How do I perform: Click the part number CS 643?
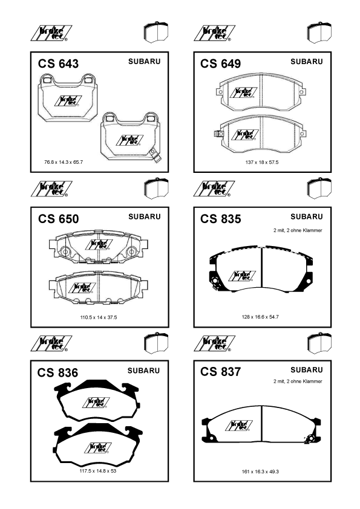click(x=58, y=63)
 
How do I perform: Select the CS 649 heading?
click(x=221, y=63)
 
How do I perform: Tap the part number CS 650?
click(x=58, y=219)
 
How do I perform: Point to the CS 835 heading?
click(x=221, y=219)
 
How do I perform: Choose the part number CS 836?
click(x=57, y=372)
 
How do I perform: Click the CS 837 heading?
click(x=221, y=372)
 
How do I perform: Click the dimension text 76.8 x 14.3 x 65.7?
click(x=64, y=162)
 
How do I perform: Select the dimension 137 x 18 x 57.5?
click(x=262, y=162)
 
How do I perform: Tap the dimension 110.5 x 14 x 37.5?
click(x=99, y=317)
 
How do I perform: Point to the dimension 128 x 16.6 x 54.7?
click(x=260, y=317)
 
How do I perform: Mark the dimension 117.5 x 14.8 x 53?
click(x=98, y=471)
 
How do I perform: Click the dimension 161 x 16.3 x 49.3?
click(x=260, y=472)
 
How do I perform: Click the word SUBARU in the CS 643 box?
click(x=144, y=61)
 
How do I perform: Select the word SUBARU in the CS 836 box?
click(x=143, y=371)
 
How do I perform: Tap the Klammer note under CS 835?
click(x=298, y=230)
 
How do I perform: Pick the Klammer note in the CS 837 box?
click(x=298, y=381)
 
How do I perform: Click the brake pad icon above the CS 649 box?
click(x=319, y=32)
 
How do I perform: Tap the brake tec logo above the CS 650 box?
click(x=51, y=189)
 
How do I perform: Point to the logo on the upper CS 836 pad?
click(x=96, y=403)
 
